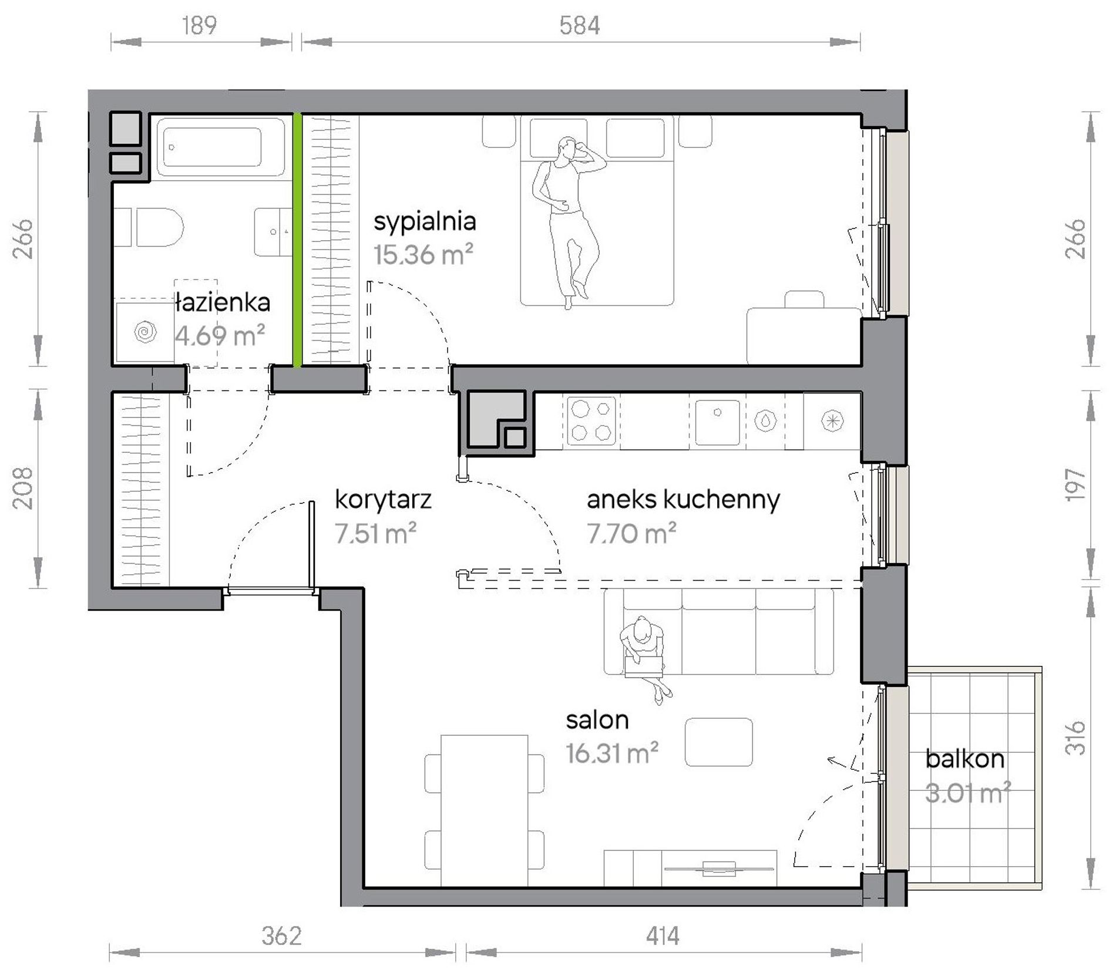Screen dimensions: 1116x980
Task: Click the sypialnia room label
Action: tap(425, 222)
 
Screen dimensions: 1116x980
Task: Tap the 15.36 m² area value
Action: tap(423, 255)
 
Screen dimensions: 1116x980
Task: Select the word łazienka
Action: tap(223, 302)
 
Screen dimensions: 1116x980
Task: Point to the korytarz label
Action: tap(383, 499)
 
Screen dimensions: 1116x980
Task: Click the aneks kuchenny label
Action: tap(683, 499)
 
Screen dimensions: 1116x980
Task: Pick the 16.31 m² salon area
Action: tap(611, 753)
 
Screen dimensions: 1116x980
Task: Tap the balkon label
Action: tap(964, 759)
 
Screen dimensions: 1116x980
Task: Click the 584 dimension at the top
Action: tap(579, 25)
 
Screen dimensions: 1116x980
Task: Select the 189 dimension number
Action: tap(199, 25)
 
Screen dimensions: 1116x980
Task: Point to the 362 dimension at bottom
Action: tap(281, 936)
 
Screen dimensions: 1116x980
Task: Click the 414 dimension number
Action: tap(662, 936)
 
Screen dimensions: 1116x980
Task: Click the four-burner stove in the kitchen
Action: tap(591, 420)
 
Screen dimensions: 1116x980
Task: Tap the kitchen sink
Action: tap(717, 422)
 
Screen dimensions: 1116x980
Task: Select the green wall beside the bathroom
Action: tap(298, 240)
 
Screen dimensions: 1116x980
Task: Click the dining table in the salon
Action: tap(484, 810)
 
